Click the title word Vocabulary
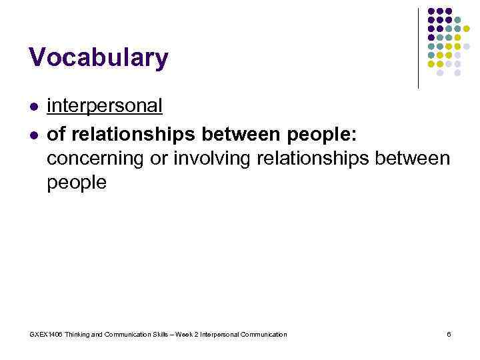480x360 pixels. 99,59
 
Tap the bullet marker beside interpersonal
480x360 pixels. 33,107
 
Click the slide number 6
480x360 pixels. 449,334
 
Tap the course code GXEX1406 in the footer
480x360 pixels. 45,334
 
